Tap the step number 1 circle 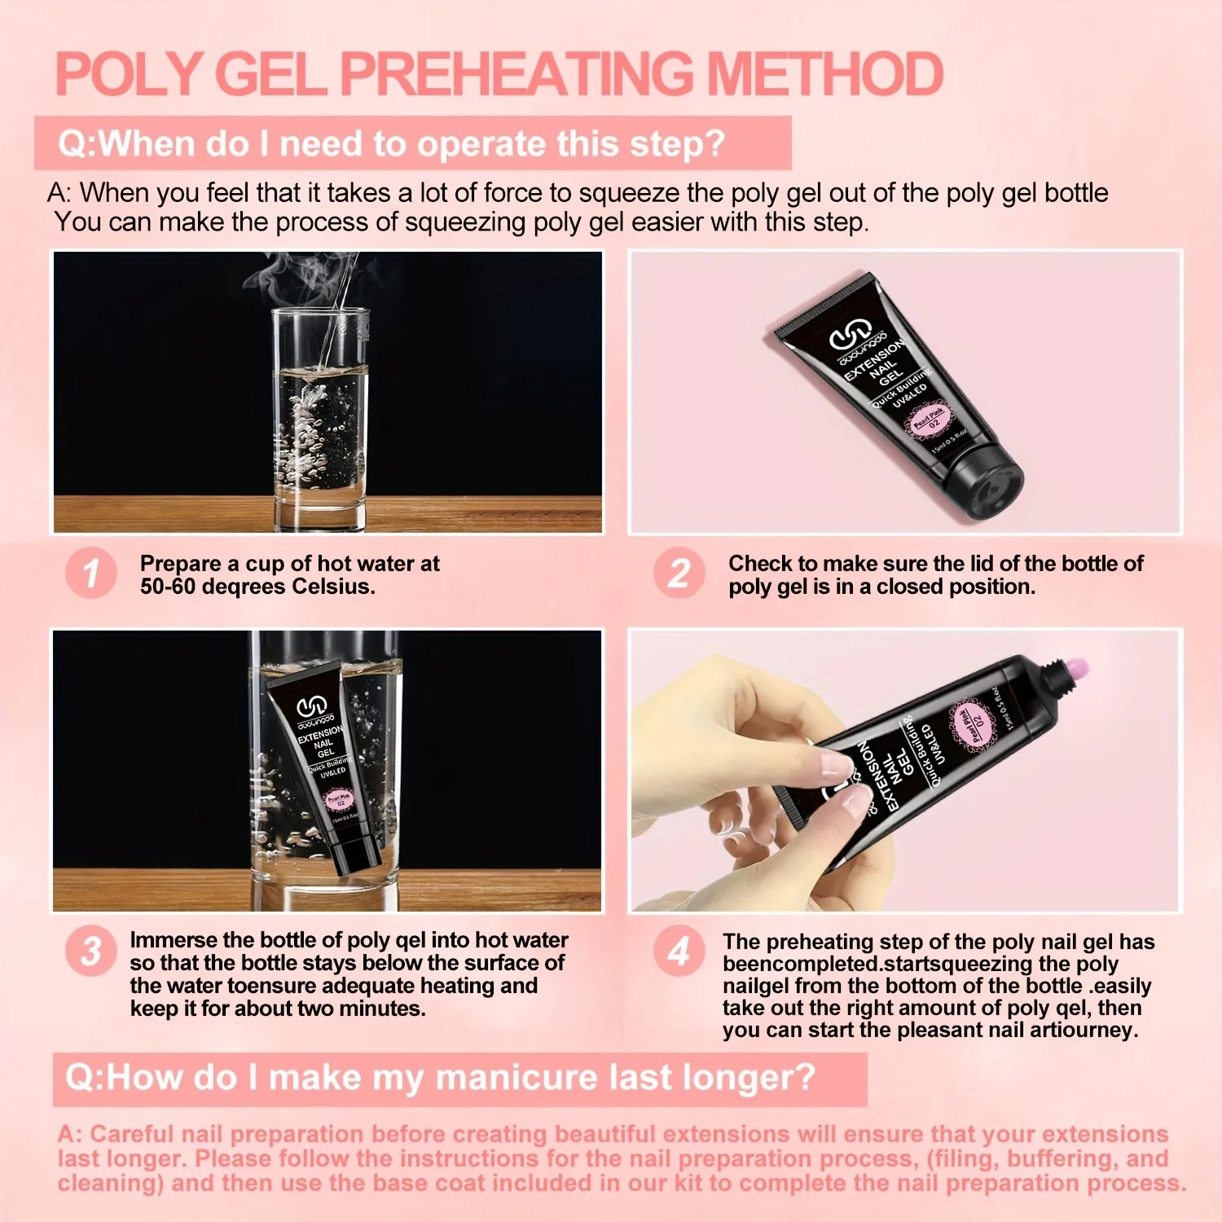click(x=91, y=573)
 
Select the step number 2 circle click(x=679, y=573)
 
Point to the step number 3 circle click(x=91, y=951)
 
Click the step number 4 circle click(x=679, y=951)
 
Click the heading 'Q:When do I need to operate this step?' click(x=391, y=144)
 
